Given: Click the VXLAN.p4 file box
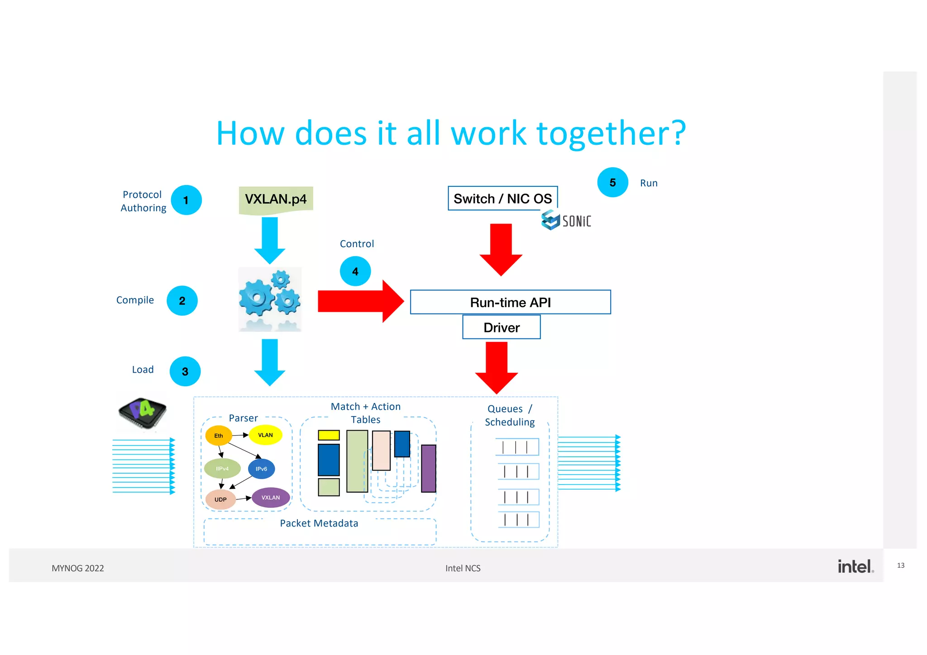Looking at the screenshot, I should [x=276, y=199].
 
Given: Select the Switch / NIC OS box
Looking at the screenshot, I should [x=502, y=199].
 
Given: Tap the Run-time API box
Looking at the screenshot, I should [x=510, y=302].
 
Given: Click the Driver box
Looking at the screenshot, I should [x=501, y=327].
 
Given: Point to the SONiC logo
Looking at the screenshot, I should [x=566, y=220].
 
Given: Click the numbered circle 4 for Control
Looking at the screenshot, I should [x=355, y=271].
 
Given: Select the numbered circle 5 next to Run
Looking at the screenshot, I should [x=612, y=183].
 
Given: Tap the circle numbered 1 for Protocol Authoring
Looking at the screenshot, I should [x=186, y=200].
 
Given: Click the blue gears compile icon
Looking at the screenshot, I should [x=270, y=299].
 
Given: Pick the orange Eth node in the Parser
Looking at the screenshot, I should [x=219, y=436].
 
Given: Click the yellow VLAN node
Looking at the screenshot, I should [x=265, y=435].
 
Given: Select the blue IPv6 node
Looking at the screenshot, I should [x=261, y=469].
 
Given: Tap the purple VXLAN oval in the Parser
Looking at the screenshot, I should [x=271, y=497].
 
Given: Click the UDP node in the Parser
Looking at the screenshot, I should [x=220, y=499].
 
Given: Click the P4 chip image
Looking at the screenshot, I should [x=142, y=413].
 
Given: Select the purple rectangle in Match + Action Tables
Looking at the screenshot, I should [x=428, y=468].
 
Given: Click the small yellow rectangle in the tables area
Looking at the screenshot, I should [x=329, y=435].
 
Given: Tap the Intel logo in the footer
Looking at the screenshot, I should [x=855, y=566].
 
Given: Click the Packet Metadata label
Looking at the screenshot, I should [x=319, y=523].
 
